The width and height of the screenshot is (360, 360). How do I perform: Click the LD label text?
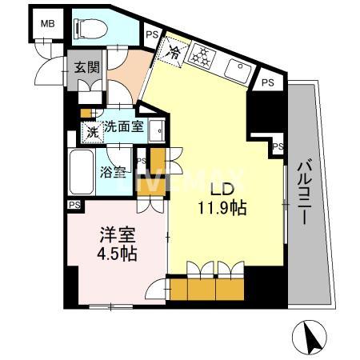click(222, 190)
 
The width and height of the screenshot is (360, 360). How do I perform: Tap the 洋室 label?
click(114, 237)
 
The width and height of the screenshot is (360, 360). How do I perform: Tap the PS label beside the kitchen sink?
click(268, 82)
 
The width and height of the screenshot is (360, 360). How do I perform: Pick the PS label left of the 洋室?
click(74, 205)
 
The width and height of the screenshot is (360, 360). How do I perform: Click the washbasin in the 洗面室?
click(158, 129)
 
